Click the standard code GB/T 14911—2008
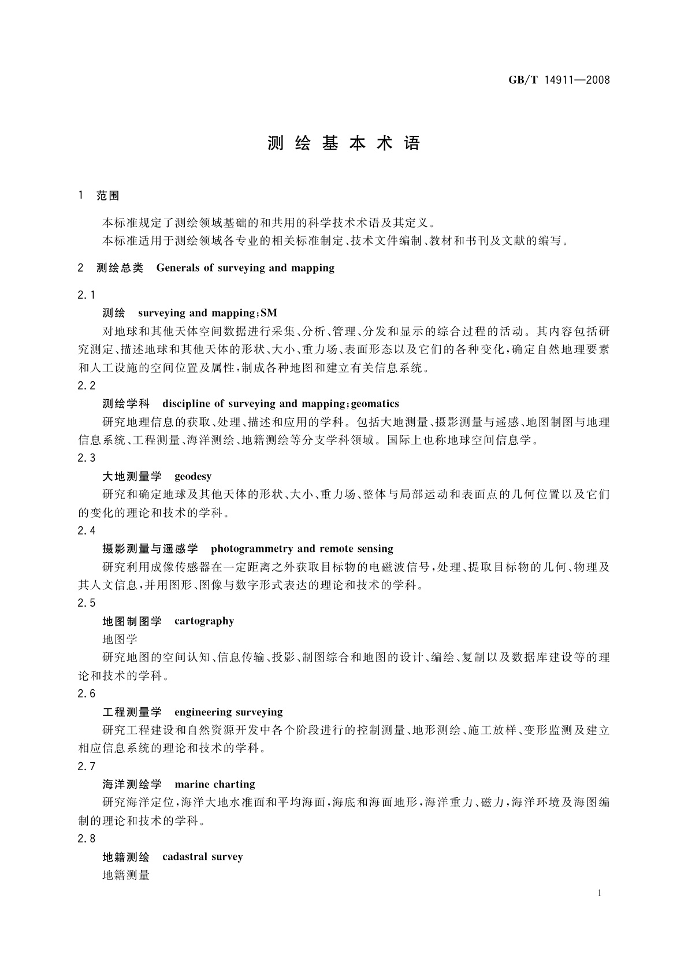pos(559,80)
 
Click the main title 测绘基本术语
pos(344,144)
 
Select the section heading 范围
pos(108,196)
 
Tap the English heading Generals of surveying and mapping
pos(245,268)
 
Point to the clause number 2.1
pos(87,295)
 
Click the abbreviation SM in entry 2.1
pos(269,313)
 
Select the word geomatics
pos(375,404)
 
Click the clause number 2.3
pos(87,458)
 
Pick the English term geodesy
pos(193,477)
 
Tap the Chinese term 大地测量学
pos(132,477)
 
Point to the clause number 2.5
pos(87,603)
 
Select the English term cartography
pos(204,621)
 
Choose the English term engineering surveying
pos(228,712)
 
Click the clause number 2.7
pos(87,766)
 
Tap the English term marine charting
pos(214,785)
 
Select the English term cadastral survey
pos(202,857)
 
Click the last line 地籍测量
pos(126,875)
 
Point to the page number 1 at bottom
pos(599,893)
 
